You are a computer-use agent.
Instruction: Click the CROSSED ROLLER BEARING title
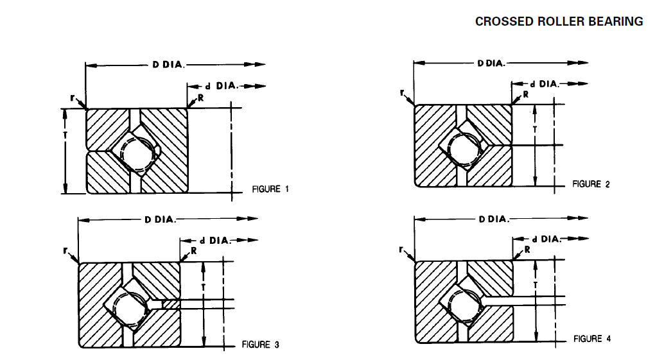point(559,21)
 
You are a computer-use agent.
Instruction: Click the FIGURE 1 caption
point(270,189)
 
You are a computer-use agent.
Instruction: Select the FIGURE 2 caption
point(591,184)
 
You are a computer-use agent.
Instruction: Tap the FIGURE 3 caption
point(260,345)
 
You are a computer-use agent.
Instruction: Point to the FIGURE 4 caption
point(588,338)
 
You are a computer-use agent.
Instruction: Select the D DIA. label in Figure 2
point(491,63)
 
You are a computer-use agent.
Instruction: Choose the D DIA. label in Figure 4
point(493,219)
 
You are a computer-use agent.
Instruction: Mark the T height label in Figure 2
point(536,128)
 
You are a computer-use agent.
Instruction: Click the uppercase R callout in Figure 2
point(526,94)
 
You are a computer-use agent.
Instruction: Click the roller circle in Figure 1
point(136,152)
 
